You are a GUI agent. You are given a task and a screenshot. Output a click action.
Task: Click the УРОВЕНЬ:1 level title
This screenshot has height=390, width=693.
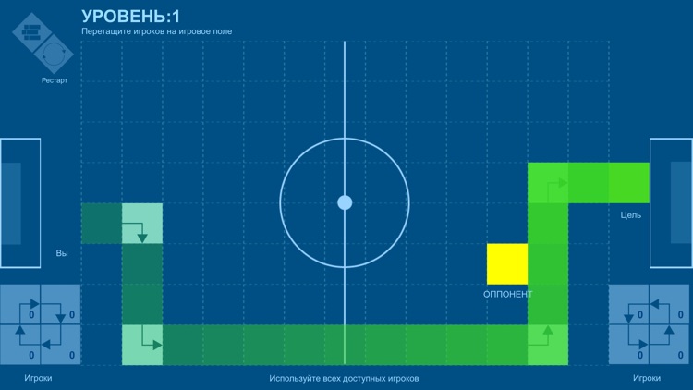[132, 16]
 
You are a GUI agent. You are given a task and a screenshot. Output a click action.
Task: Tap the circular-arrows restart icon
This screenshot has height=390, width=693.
[54, 55]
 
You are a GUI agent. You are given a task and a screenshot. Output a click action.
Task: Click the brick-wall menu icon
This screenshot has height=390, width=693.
[32, 34]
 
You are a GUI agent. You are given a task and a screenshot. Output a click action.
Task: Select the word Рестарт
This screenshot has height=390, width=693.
[54, 80]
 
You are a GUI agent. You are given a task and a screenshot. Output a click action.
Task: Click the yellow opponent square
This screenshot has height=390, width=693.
[507, 263]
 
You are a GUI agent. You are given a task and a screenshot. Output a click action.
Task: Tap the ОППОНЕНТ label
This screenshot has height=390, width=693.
[508, 295]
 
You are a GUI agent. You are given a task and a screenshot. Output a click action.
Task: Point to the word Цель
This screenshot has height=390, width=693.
[631, 215]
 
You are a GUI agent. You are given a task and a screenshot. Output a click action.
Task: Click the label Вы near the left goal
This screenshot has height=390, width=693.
[62, 253]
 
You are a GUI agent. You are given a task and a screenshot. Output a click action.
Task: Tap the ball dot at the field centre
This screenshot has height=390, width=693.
[345, 202]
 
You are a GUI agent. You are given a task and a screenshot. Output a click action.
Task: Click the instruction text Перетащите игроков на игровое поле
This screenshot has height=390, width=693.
[157, 31]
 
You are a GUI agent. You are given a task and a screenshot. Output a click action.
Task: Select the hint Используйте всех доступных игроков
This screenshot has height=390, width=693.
[344, 379]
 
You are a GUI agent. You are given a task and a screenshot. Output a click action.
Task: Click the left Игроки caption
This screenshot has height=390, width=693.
[38, 379]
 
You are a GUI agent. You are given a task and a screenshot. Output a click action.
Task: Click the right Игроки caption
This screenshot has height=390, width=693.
[647, 379]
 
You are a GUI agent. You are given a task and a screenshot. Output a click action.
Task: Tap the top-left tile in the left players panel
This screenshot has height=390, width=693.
[20, 304]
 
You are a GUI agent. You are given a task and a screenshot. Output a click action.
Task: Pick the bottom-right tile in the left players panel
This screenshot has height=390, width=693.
[60, 345]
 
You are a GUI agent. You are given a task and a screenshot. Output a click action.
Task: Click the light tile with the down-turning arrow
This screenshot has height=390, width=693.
[142, 224]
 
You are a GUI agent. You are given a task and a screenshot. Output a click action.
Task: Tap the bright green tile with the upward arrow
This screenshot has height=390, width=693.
[548, 345]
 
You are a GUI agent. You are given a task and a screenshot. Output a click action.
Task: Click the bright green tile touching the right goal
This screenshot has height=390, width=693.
[629, 182]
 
